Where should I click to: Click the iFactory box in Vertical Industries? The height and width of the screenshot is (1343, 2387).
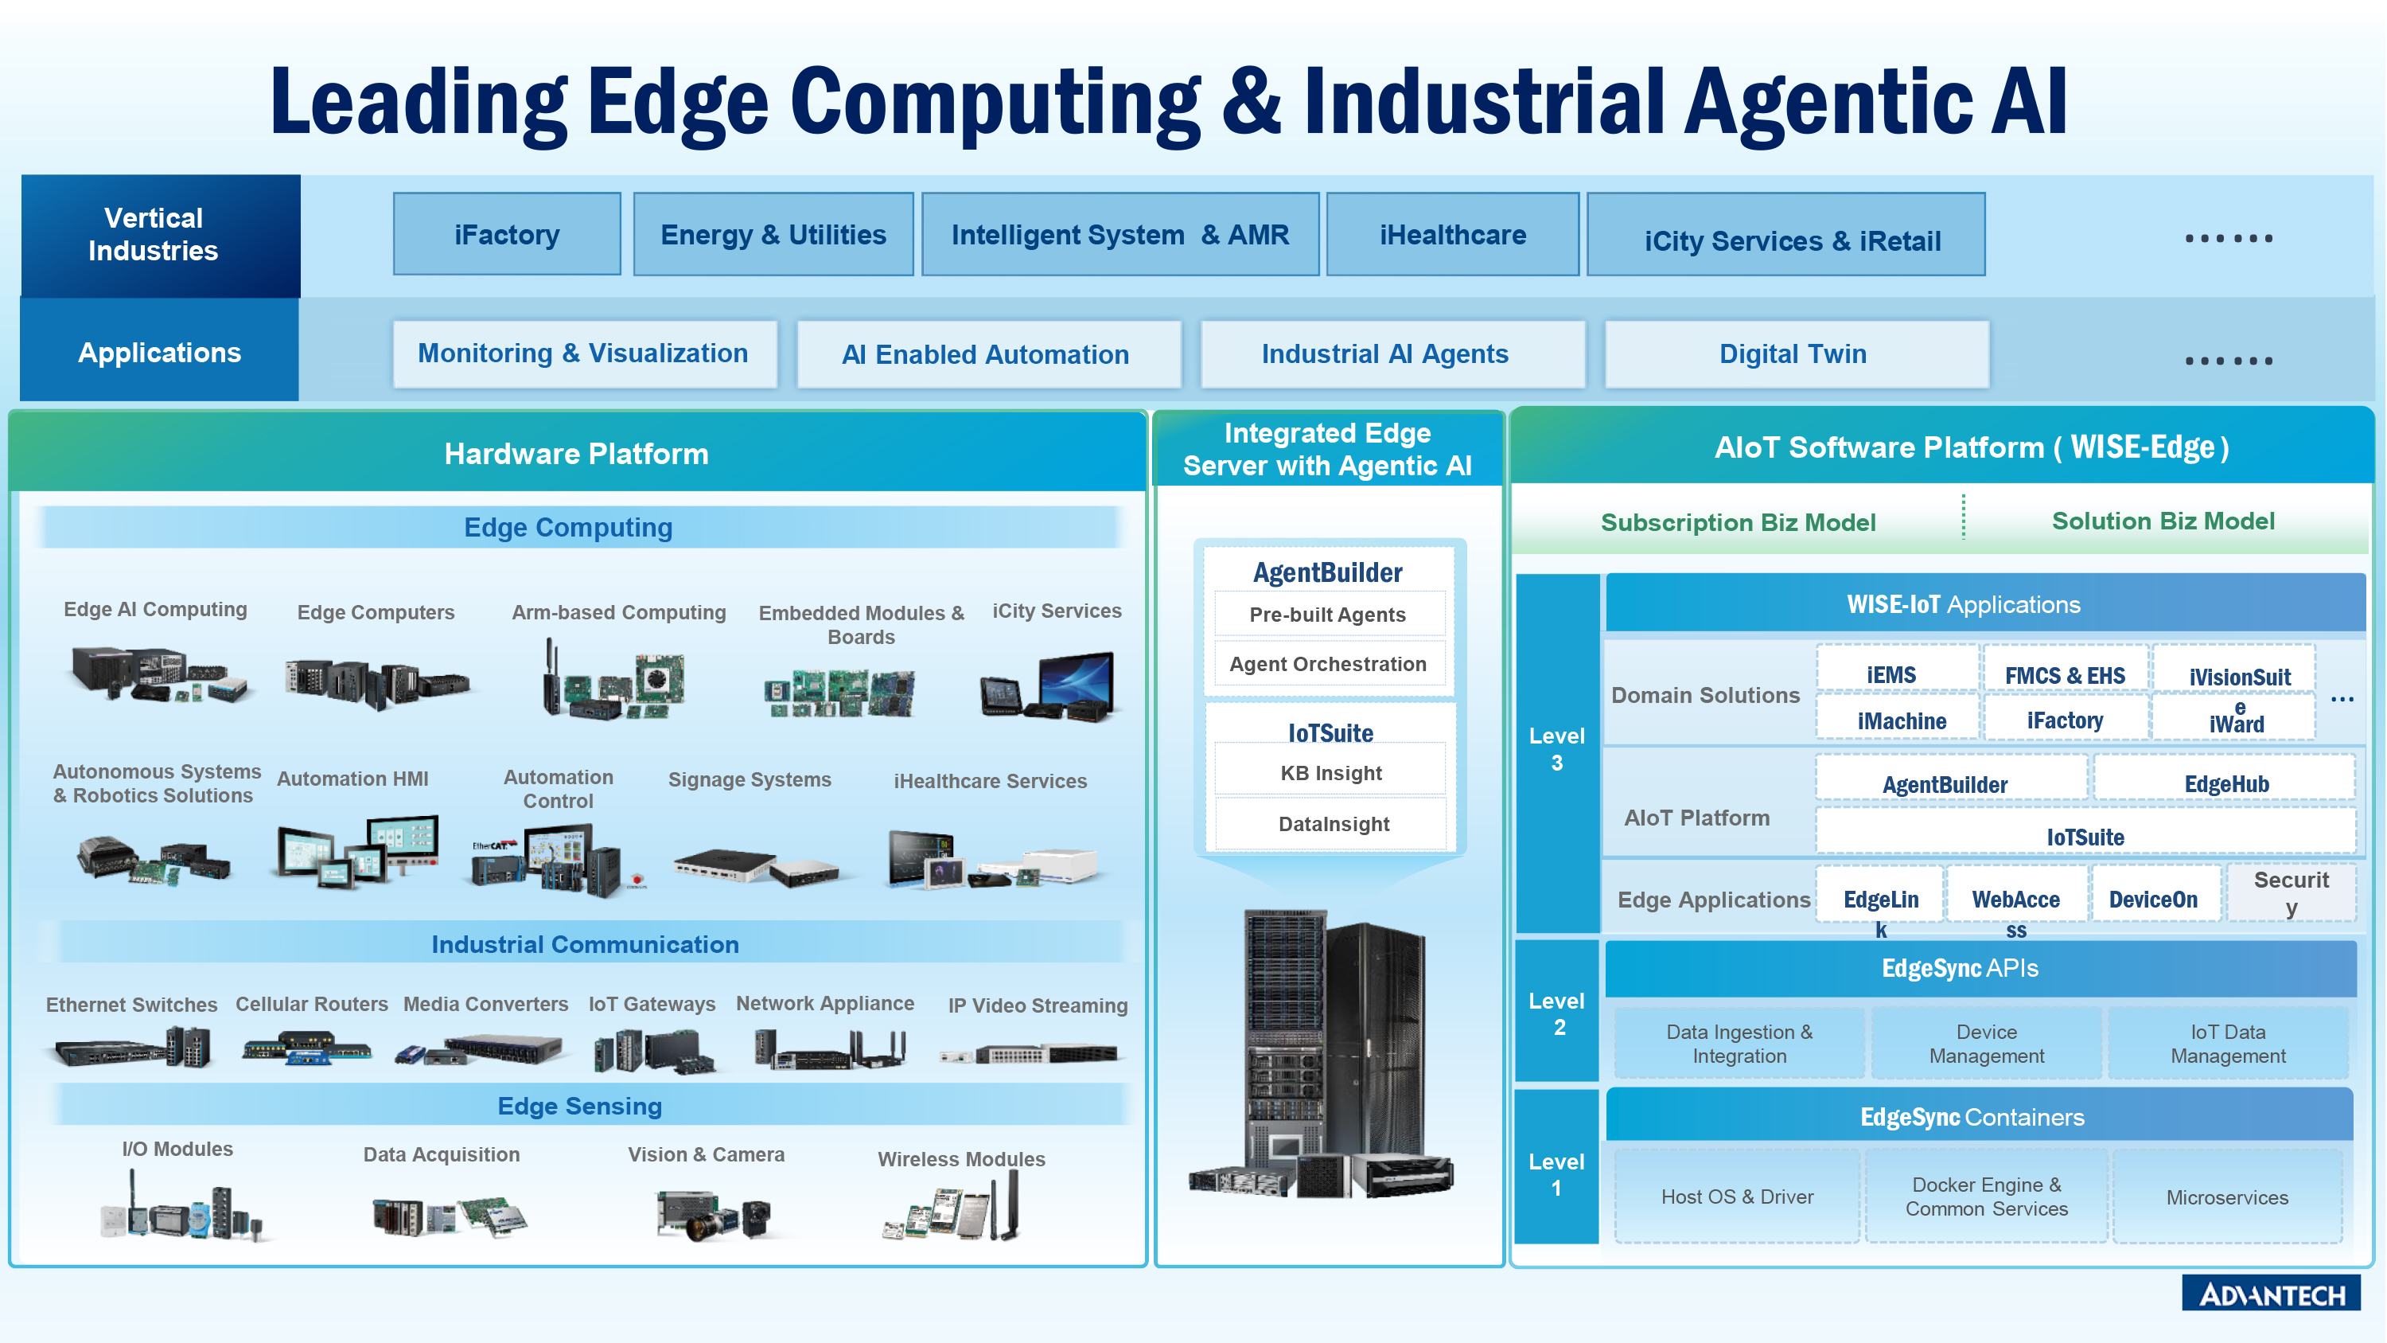[507, 235]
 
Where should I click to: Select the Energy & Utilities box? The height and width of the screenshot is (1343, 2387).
[773, 235]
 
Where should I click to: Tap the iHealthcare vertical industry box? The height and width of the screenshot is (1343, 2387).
[1452, 235]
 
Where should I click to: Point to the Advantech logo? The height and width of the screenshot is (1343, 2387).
[2271, 1293]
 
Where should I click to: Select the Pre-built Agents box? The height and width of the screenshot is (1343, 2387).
[1329, 615]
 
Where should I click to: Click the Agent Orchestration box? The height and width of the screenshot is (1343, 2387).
[1329, 664]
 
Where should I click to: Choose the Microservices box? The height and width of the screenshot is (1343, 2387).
[2227, 1197]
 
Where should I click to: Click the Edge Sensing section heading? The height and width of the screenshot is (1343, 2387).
[579, 1105]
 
